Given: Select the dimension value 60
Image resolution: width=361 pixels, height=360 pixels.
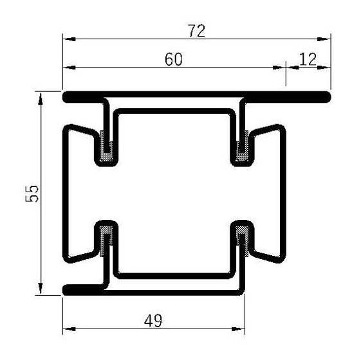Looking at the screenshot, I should [x=173, y=59].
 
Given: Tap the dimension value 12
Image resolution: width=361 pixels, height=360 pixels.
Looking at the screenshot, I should [x=308, y=59].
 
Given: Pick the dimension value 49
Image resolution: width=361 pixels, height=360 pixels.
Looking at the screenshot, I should [x=153, y=319].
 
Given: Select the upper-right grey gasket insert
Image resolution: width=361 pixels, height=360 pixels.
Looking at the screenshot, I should [x=243, y=145].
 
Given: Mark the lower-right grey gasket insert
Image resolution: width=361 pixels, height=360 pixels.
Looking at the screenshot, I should [x=243, y=239].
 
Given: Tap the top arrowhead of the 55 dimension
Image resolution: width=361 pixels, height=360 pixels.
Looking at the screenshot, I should [x=41, y=96].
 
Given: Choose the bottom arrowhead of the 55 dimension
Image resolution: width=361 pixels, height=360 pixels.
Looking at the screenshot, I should [x=41, y=291].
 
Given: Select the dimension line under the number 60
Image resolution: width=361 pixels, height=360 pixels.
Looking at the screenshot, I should [x=174, y=67].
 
